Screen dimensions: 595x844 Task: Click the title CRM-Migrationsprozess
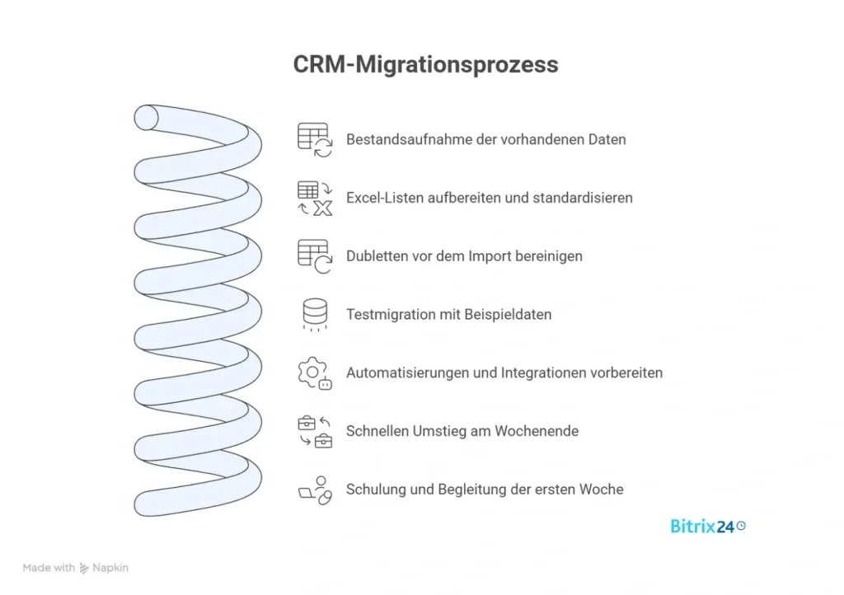[x=425, y=65]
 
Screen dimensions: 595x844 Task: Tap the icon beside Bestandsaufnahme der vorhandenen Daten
[x=314, y=139]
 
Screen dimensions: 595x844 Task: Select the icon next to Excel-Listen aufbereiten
[x=314, y=198]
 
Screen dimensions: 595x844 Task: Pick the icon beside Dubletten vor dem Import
[x=314, y=256]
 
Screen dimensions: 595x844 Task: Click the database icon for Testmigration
[x=314, y=315]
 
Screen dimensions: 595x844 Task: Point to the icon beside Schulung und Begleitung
[x=314, y=490]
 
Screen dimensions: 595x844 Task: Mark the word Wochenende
[x=537, y=431]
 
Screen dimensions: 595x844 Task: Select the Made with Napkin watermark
[x=76, y=568]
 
